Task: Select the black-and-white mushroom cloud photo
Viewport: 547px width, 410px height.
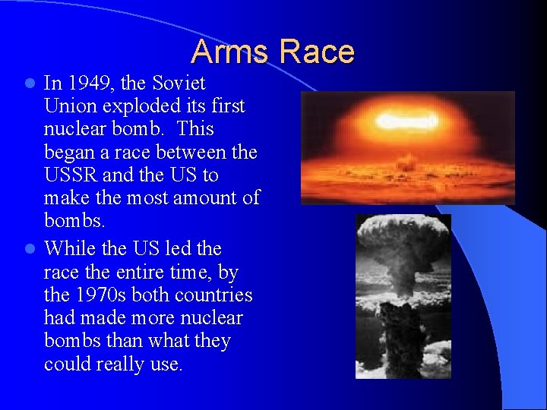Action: point(403,296)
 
